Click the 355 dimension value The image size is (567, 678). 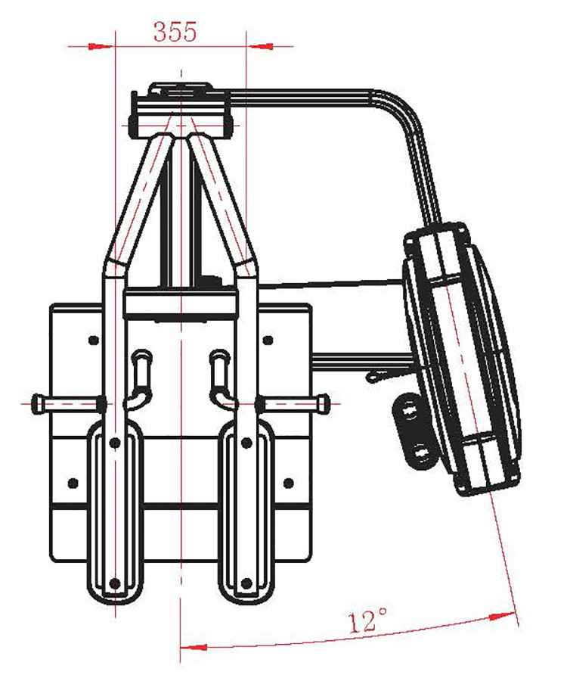pyautogui.click(x=175, y=32)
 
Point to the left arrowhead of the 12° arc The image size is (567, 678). pyautogui.click(x=194, y=647)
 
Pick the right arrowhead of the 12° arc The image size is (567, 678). pyautogui.click(x=503, y=616)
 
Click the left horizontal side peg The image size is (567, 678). pyautogui.click(x=69, y=403)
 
